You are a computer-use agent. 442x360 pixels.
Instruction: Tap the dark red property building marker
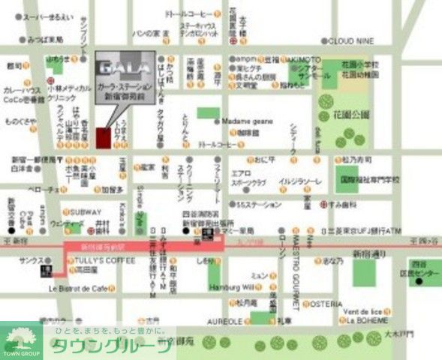[104, 139]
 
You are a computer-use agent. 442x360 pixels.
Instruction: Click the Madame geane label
[247, 121]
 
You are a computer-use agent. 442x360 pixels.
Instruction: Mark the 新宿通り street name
[369, 253]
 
